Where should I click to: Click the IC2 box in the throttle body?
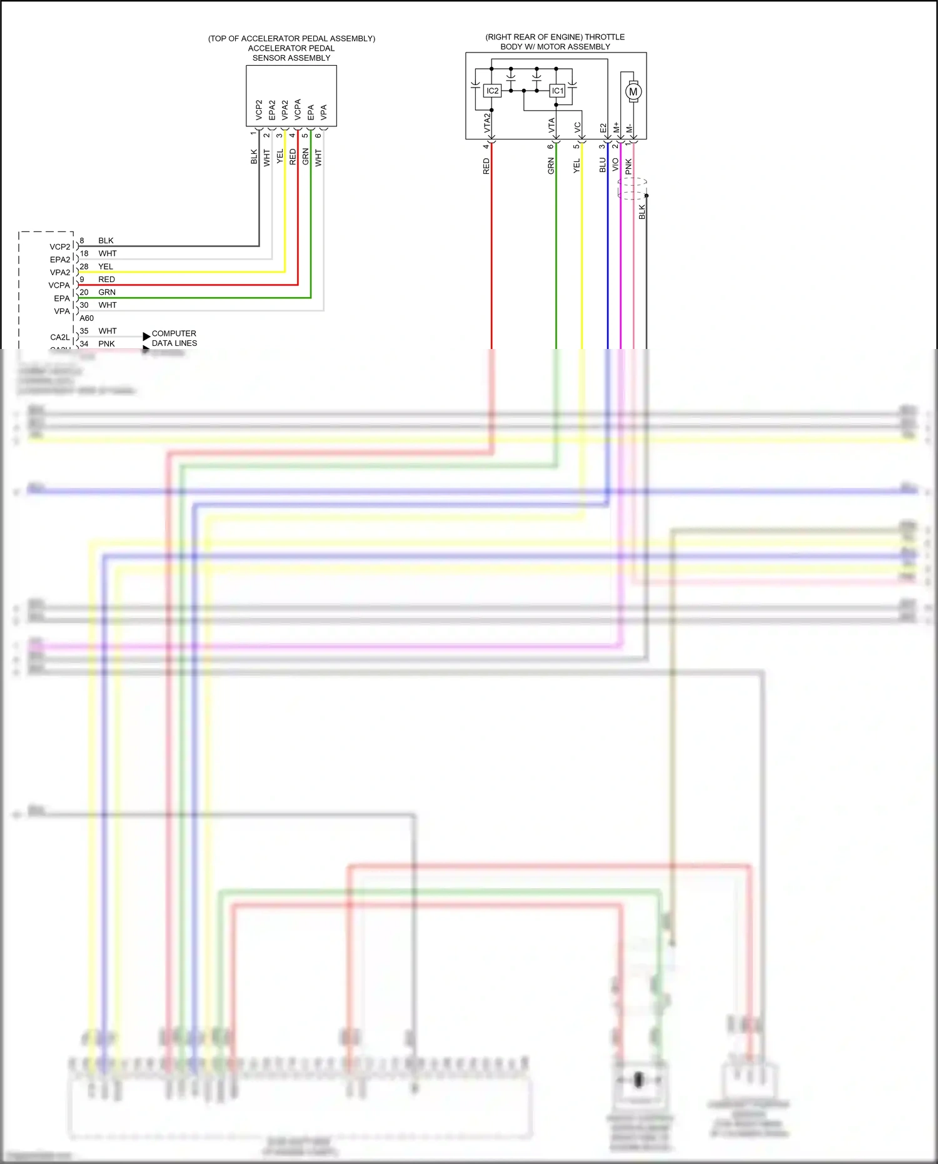pyautogui.click(x=492, y=91)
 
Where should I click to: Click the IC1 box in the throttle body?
pyautogui.click(x=557, y=91)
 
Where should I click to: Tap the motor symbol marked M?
pyautogui.click(x=633, y=92)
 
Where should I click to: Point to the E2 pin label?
pyautogui.click(x=603, y=128)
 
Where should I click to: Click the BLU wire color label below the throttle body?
pyautogui.click(x=602, y=164)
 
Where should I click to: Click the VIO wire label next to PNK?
pyautogui.click(x=615, y=164)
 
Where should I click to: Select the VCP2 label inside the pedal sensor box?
pyautogui.click(x=259, y=110)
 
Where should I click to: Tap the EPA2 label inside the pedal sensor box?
pyautogui.click(x=272, y=110)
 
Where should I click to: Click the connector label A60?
pyautogui.click(x=87, y=318)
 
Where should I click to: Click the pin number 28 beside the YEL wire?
pyautogui.click(x=84, y=266)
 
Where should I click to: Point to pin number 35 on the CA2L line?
pyautogui.click(x=84, y=331)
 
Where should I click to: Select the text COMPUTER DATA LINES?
pyautogui.click(x=174, y=338)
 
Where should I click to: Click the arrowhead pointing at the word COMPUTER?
pyautogui.click(x=146, y=337)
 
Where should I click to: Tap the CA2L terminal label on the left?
pyautogui.click(x=60, y=337)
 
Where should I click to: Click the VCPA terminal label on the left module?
pyautogui.click(x=59, y=285)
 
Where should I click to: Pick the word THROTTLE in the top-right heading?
pyautogui.click(x=604, y=37)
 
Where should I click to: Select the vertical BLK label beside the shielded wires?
pyautogui.click(x=642, y=212)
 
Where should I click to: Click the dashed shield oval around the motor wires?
pyautogui.click(x=632, y=188)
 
